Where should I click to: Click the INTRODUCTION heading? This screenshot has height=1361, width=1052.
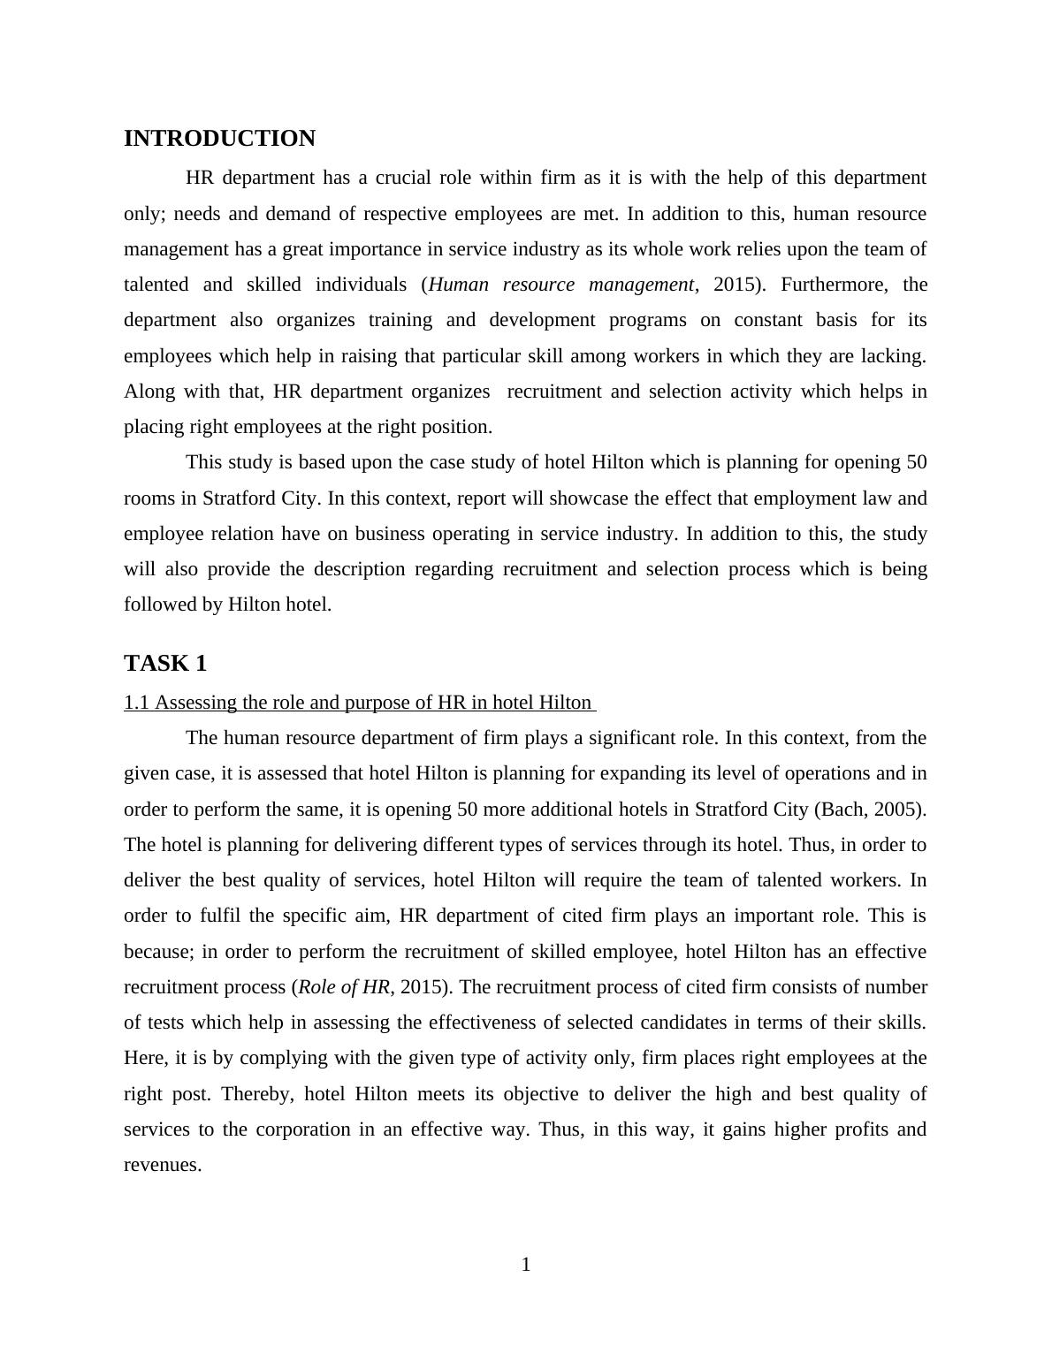click(x=219, y=139)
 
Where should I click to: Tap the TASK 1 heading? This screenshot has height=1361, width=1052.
click(x=165, y=664)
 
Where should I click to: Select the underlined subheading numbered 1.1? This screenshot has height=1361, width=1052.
click(x=358, y=703)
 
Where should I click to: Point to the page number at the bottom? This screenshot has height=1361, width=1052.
click(x=526, y=1266)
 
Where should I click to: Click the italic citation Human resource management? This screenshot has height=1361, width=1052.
click(x=560, y=285)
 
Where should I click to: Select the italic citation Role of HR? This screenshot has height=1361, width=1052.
click(x=344, y=987)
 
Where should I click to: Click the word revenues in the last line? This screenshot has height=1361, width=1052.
click(x=163, y=1165)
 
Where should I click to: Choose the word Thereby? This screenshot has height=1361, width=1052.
click(x=255, y=1094)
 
